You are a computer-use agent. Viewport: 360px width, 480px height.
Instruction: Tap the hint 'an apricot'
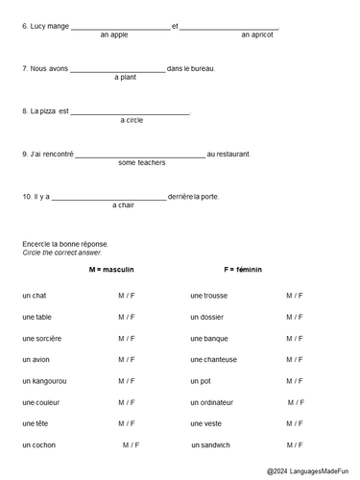pos(256,35)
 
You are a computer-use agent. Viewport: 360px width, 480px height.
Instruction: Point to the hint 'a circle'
pos(132,120)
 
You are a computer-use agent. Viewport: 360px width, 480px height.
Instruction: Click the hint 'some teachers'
pos(141,162)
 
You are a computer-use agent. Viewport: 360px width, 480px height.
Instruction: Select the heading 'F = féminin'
pos(243,270)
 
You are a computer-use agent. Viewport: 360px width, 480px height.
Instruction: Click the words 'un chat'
pos(35,296)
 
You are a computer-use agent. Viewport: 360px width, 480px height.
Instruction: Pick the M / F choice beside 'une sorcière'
pos(127,338)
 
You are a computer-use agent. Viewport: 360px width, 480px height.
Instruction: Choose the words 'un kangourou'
pos(44,381)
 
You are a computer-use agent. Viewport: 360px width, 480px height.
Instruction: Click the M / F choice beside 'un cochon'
pos(131,444)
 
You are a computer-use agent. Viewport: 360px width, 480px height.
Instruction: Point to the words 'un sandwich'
pos(210,444)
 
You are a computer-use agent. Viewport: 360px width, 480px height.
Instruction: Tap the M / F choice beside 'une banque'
pos(294,338)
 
